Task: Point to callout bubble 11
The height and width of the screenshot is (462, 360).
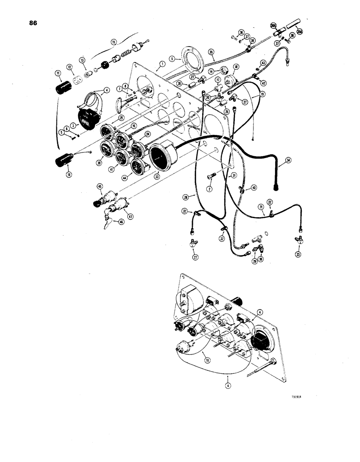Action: pos(58,73)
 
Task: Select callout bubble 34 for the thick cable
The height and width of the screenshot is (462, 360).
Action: pos(289,160)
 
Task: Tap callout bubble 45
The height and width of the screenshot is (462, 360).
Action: pos(100,187)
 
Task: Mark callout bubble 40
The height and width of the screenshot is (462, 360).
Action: pos(254,188)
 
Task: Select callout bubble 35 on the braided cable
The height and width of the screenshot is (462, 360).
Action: pos(211,52)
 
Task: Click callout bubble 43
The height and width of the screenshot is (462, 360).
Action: pos(264,62)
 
